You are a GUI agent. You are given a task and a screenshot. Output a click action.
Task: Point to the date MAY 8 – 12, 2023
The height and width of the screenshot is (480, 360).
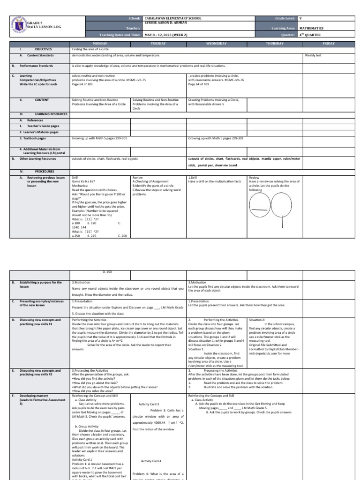click(165, 35)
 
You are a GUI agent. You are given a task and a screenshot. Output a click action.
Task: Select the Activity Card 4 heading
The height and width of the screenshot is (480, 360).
click(150, 461)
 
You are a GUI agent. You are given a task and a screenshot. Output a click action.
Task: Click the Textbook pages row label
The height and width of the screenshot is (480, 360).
click(32, 139)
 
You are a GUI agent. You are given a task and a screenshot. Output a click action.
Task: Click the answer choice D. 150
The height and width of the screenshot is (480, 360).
click(107, 272)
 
